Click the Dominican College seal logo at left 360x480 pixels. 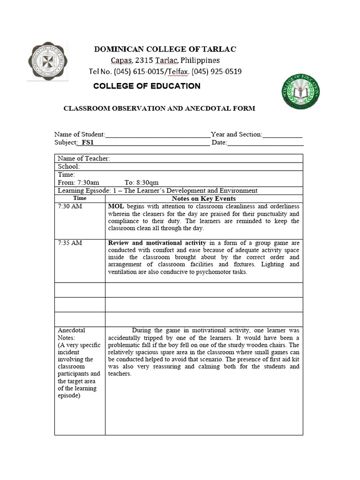48,61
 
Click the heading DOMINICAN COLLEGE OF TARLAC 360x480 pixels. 165,49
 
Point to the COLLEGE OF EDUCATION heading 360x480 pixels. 147,86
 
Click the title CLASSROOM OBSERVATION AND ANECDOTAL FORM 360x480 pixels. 159,108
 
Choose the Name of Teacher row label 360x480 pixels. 84,158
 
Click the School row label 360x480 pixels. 69,166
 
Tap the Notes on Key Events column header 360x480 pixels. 203,198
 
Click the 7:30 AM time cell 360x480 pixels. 70,206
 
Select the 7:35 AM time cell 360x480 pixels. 70,243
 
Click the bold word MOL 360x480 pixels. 116,206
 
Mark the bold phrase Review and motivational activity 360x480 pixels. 157,243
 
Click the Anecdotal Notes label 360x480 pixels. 71,334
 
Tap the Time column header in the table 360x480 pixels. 80,198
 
